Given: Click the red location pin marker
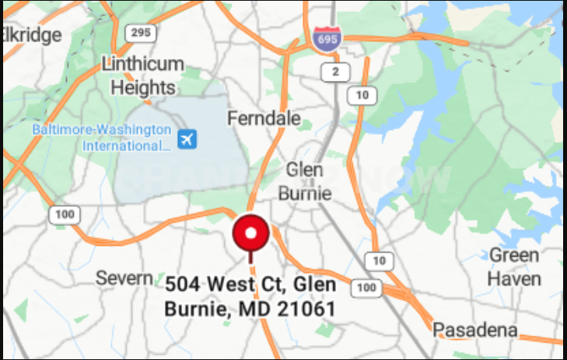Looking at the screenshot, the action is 250,233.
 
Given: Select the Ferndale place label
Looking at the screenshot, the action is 264,118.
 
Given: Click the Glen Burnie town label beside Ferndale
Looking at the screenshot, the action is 309,181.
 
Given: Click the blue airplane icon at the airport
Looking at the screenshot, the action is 187,139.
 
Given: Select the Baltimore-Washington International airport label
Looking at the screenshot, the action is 101,137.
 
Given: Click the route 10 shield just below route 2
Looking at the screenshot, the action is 362,96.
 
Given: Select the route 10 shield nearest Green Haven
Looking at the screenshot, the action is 379,260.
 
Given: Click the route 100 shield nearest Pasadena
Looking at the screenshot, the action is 366,288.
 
